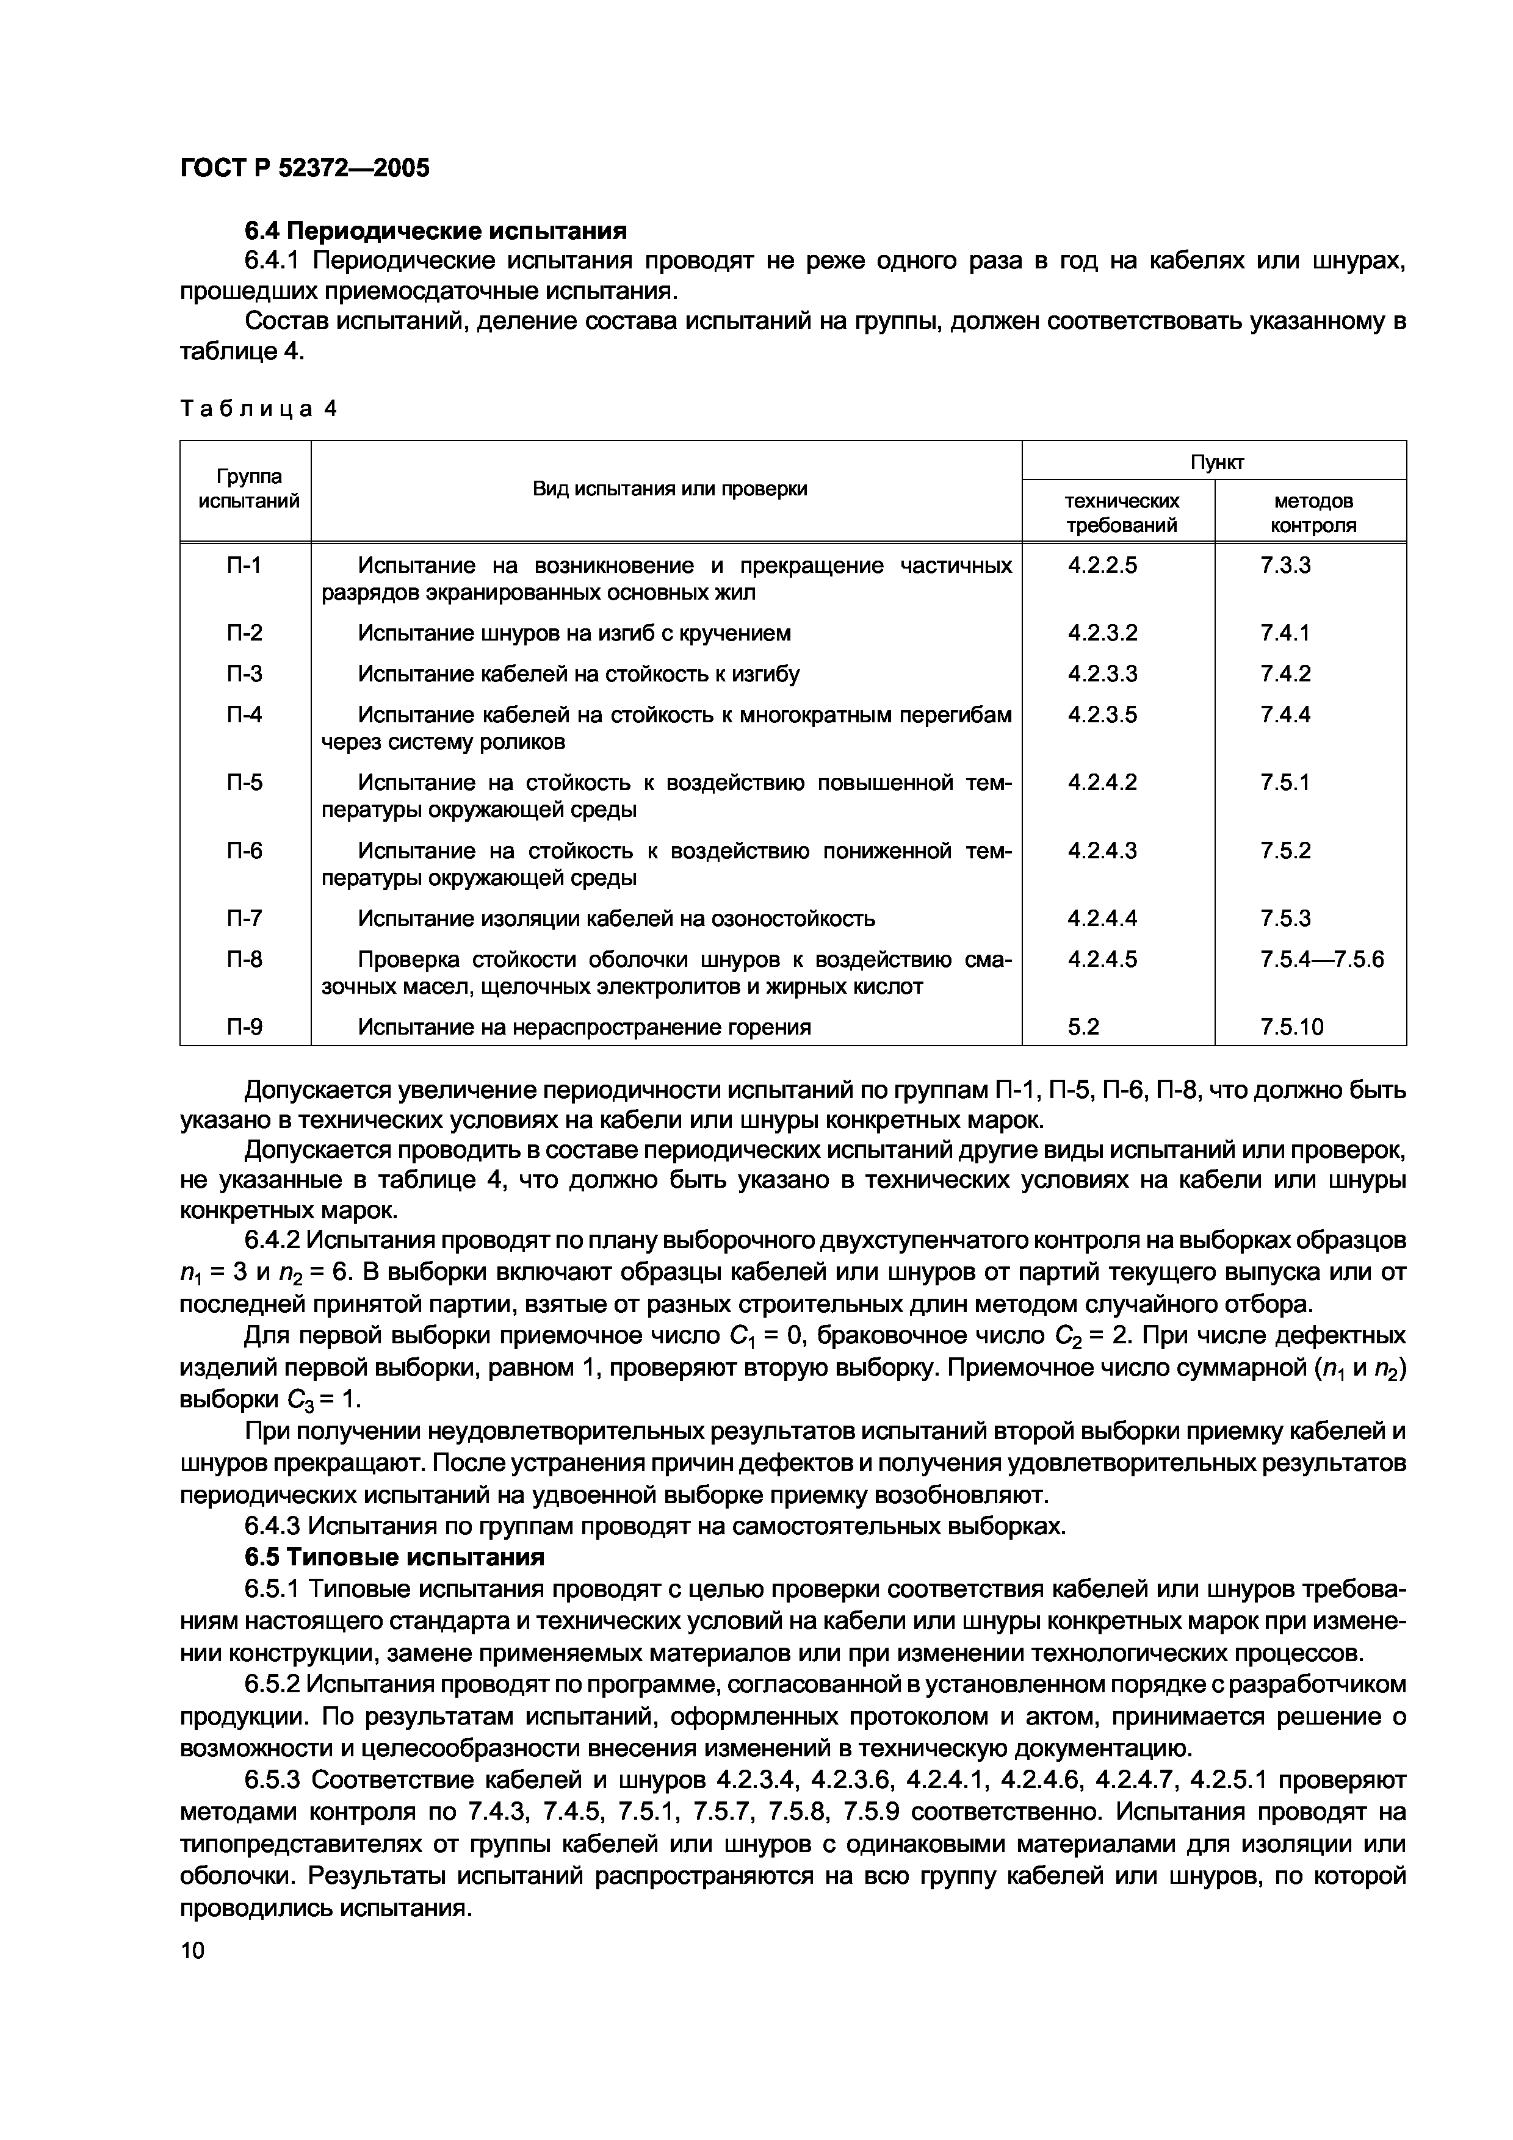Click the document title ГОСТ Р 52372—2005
pos(305,168)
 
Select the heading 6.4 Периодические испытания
pos(435,230)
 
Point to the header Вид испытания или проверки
pos(670,489)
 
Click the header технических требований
pos(1121,512)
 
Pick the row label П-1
pos(244,566)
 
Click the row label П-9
pos(244,1027)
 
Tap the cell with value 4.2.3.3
pos(1103,674)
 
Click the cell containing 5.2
pos(1083,1027)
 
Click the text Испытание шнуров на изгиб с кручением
pos(574,634)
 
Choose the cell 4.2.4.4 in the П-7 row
pos(1103,919)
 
